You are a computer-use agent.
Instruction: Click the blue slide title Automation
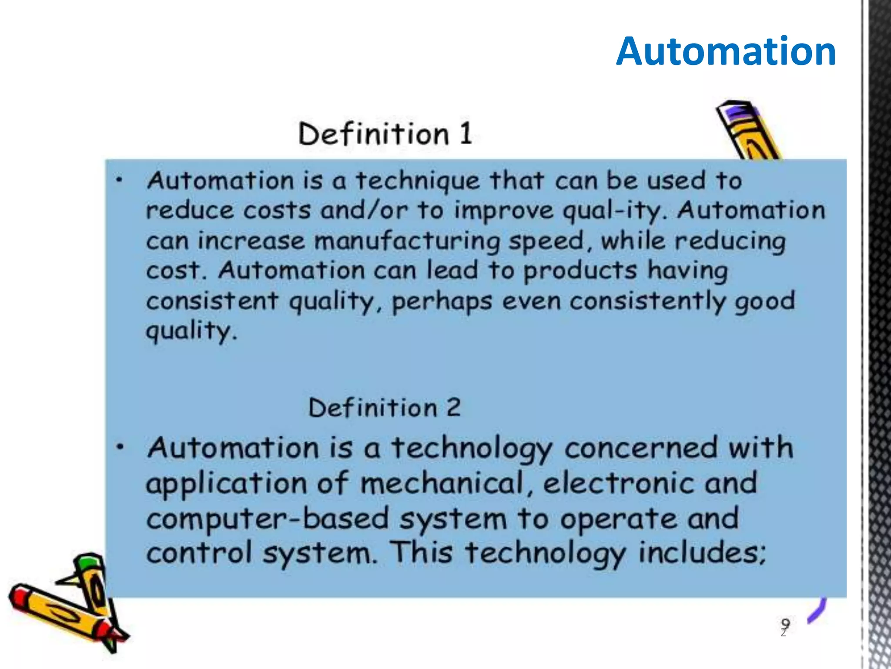[x=726, y=51]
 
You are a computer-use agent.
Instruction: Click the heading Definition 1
[x=385, y=133]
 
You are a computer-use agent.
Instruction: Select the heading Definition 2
[x=384, y=408]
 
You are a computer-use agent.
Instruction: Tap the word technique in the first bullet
[x=418, y=181]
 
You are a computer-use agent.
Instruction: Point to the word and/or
[x=364, y=210]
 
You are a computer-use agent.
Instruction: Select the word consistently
[x=648, y=301]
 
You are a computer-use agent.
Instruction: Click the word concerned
[x=641, y=448]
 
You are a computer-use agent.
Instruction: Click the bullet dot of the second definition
[x=121, y=447]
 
